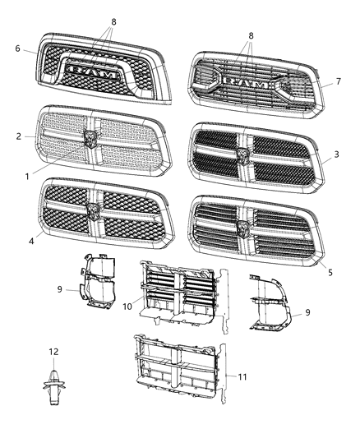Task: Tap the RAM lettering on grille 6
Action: (x=95, y=71)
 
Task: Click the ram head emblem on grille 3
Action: (x=243, y=153)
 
